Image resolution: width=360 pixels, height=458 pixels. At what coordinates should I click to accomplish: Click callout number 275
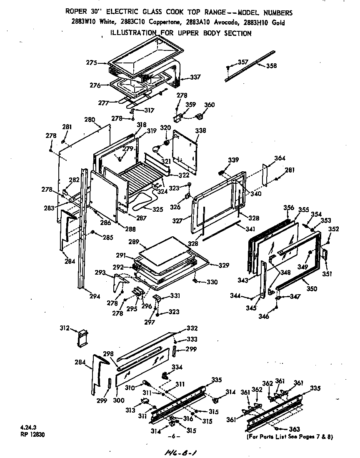point(91,63)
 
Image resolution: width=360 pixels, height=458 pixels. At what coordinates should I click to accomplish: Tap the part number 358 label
point(271,65)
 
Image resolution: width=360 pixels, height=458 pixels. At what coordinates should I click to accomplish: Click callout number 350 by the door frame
point(312,288)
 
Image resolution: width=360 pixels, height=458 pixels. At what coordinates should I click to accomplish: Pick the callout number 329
point(225,265)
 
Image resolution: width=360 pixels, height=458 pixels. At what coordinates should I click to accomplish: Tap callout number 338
point(200,130)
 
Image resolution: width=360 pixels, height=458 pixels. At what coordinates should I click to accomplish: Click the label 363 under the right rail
point(294,429)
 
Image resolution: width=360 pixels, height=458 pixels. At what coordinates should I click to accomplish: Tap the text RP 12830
point(32,434)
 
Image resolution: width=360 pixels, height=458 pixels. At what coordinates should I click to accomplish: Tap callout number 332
point(192,328)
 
